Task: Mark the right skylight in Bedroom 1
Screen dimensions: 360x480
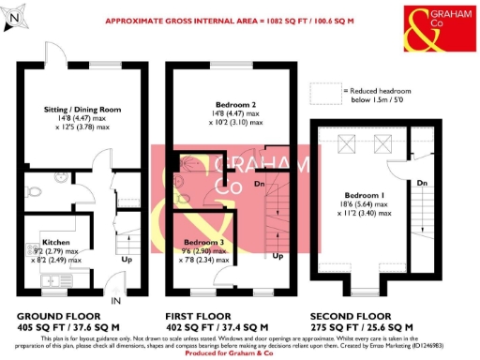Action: point(382,143)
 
